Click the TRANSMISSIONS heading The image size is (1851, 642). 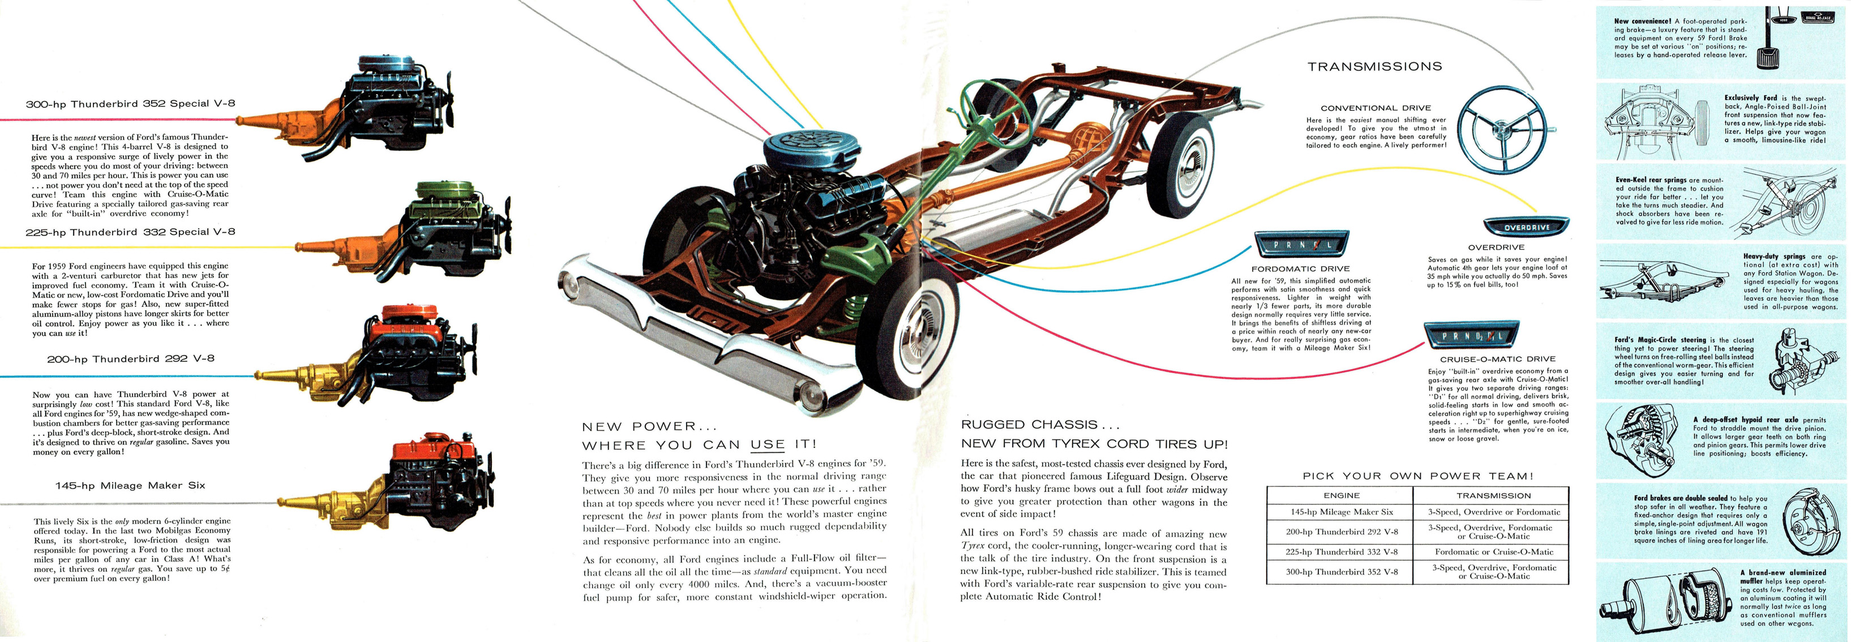point(1374,67)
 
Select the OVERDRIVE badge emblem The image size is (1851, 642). point(1526,227)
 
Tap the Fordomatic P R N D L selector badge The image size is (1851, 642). point(1301,245)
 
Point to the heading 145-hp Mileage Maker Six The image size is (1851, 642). point(130,485)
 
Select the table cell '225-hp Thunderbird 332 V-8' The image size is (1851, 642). point(1342,552)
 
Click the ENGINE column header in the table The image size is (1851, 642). point(1341,495)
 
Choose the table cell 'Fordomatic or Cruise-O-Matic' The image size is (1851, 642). point(1494,552)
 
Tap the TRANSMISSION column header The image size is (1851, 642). point(1493,495)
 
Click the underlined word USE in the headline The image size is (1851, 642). point(768,445)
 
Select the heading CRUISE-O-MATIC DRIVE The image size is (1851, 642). point(1497,359)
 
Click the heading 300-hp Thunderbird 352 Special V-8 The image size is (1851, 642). point(130,104)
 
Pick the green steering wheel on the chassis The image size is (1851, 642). point(992,108)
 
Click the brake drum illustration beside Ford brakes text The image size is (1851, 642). point(1809,517)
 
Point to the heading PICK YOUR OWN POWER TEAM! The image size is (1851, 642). point(1418,476)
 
